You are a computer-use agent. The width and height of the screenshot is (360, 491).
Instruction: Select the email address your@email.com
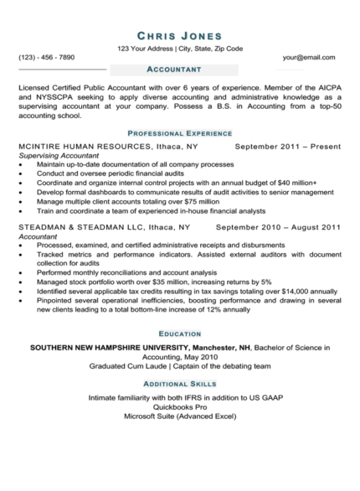pyautogui.click(x=309, y=57)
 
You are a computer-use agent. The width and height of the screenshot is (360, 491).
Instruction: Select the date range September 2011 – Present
pyautogui.click(x=288, y=147)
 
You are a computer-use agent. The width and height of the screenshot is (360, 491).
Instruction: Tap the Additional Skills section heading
pyautogui.click(x=179, y=382)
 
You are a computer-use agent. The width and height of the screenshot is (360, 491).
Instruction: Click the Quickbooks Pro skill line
pyautogui.click(x=179, y=406)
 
